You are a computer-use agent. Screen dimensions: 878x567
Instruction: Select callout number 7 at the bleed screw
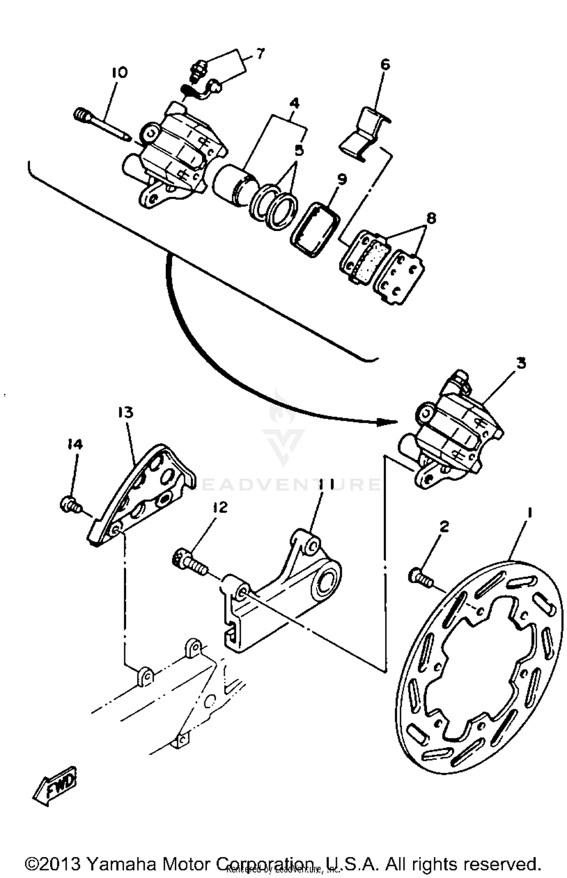[260, 54]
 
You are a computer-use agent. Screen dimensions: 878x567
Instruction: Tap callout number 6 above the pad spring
[384, 65]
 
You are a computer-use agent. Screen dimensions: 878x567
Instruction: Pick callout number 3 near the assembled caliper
[521, 363]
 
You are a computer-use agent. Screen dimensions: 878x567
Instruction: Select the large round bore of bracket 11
[328, 582]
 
